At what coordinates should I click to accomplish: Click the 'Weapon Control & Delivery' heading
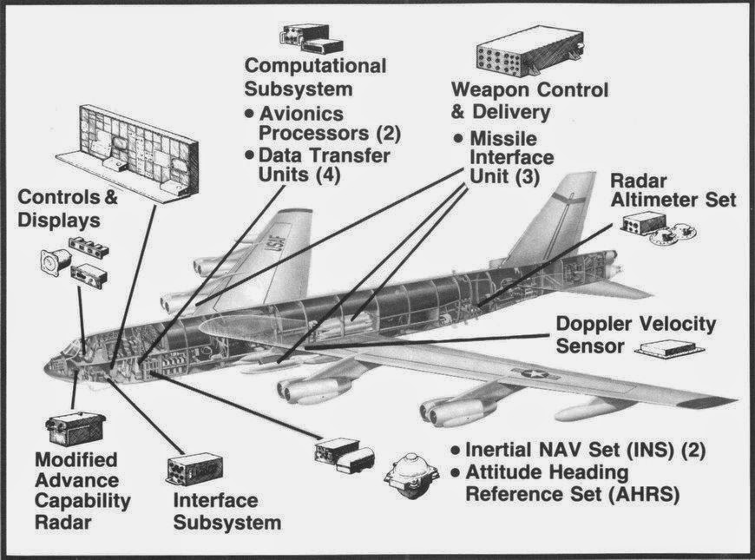coord(530,101)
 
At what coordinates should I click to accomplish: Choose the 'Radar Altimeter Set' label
coord(673,190)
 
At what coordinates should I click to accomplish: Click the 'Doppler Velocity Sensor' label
coord(635,335)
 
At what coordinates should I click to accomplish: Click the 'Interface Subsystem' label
coord(226,511)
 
